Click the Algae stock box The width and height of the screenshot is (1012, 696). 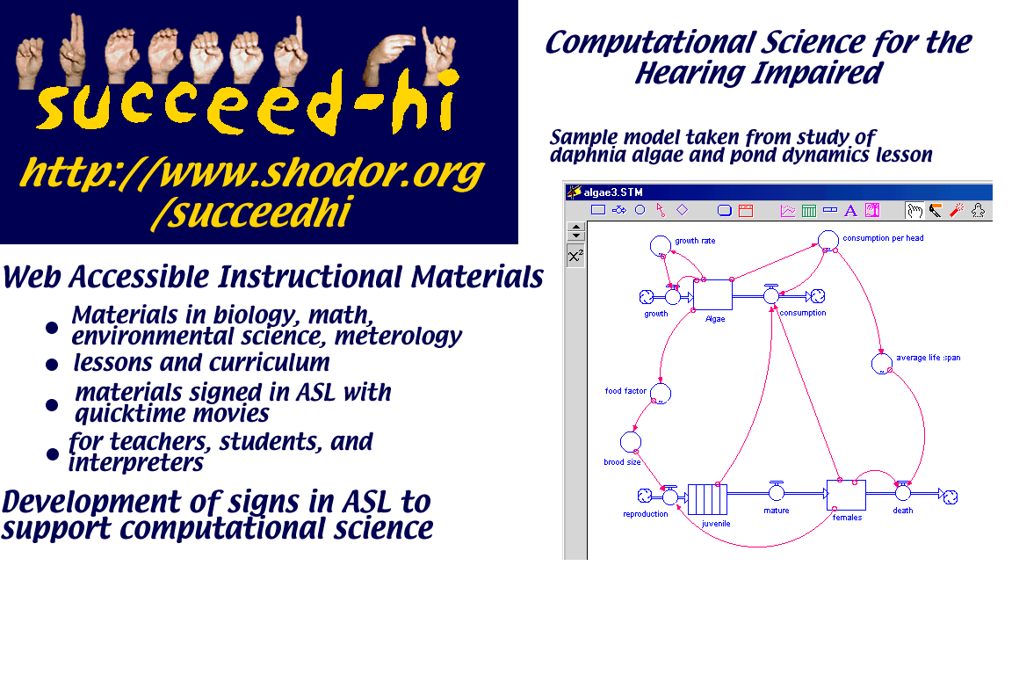[712, 295]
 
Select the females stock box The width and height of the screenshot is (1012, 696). [846, 496]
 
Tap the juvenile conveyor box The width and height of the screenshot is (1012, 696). [707, 499]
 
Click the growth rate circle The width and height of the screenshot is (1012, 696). [661, 245]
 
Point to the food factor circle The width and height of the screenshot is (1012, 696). [661, 393]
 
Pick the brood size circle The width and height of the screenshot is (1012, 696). [631, 442]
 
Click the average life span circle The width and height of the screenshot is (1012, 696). [882, 364]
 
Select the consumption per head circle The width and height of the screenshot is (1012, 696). [828, 240]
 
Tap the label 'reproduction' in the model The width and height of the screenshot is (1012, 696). [646, 514]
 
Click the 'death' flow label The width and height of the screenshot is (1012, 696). [903, 510]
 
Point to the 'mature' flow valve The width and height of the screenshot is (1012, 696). [777, 492]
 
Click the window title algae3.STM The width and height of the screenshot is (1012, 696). [613, 192]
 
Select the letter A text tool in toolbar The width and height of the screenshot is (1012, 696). [850, 211]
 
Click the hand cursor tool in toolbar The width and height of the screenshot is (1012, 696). [914, 211]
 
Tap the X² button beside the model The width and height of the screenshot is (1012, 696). [575, 256]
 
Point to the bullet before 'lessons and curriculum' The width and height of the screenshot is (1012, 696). [53, 365]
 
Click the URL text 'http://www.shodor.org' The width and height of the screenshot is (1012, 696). [252, 173]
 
